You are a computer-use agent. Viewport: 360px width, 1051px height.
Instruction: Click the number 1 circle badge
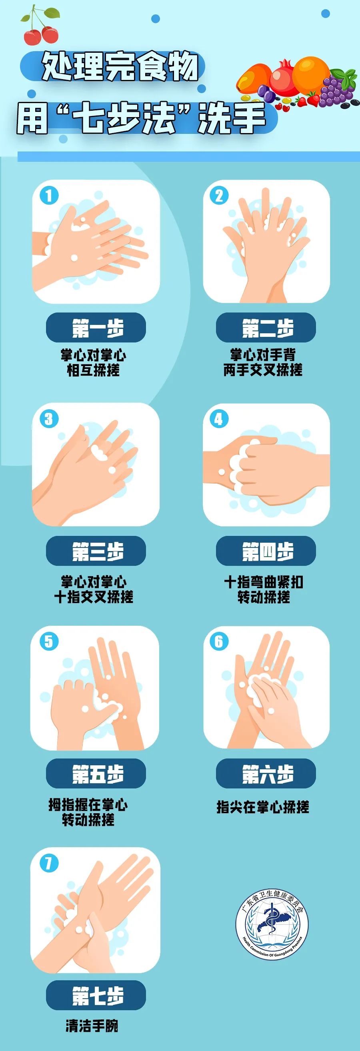(x=49, y=195)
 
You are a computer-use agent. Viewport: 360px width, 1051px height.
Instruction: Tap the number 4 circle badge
(x=219, y=419)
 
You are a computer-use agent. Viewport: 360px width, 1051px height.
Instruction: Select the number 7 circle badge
(x=49, y=863)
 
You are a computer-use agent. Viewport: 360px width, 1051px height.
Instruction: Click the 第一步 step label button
(x=96, y=328)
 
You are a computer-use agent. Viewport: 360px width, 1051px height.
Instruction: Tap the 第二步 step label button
(x=266, y=328)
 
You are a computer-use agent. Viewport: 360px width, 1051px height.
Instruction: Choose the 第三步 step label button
(x=96, y=551)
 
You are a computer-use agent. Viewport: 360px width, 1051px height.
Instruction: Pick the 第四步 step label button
(x=266, y=551)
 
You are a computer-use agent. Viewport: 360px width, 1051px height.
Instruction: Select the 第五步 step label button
(x=96, y=774)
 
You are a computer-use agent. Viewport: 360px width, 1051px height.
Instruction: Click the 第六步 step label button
(x=266, y=774)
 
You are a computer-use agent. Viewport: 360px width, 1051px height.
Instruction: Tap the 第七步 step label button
(x=96, y=995)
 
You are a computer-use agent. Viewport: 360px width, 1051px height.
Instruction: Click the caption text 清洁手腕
(x=92, y=1026)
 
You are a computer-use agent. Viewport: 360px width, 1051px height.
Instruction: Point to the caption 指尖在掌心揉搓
(x=262, y=806)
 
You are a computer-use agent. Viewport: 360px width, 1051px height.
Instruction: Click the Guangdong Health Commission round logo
(x=272, y=924)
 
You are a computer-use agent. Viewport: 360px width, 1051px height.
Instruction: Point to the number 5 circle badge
(x=49, y=641)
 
